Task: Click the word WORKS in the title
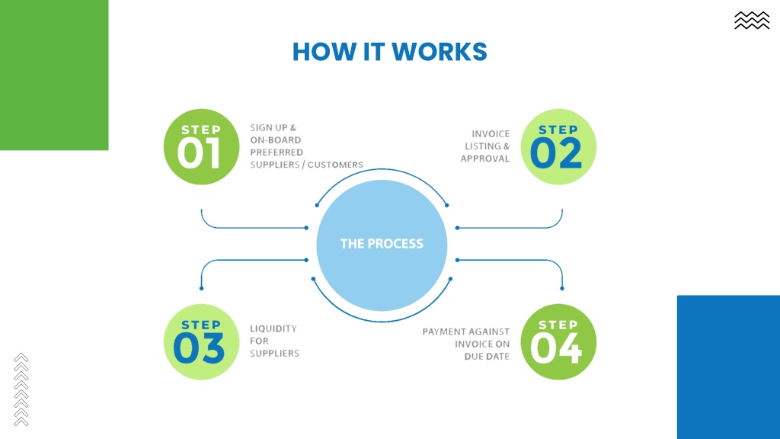tap(440, 52)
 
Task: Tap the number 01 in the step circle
tap(200, 153)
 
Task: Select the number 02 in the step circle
tap(556, 153)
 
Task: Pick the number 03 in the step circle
tap(199, 348)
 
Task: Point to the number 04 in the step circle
tap(556, 348)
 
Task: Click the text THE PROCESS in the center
tap(382, 243)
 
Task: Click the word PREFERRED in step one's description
tap(276, 152)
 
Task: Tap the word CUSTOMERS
tap(335, 165)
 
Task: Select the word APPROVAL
tap(485, 159)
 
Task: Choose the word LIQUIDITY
tap(273, 328)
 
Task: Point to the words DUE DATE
tap(487, 357)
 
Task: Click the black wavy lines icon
tap(752, 21)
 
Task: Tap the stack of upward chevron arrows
tap(21, 389)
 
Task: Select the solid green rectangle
tap(54, 75)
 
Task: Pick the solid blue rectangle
tap(728, 367)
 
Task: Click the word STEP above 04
tap(558, 325)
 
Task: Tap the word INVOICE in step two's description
tap(491, 134)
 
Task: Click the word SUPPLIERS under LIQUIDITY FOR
tap(274, 354)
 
